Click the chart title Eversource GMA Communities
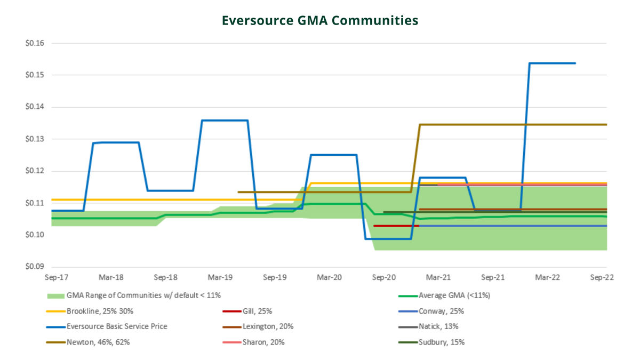(x=320, y=21)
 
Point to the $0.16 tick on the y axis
(x=35, y=43)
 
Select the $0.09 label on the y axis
(x=35, y=267)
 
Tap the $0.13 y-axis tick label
(x=35, y=139)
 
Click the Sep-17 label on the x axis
(x=56, y=278)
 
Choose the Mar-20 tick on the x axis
(x=330, y=278)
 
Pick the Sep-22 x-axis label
(x=603, y=278)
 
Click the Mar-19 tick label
(x=220, y=278)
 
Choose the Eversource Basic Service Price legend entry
(x=117, y=326)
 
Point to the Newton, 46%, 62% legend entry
(x=98, y=342)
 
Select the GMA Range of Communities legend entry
(x=143, y=295)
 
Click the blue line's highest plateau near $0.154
(x=552, y=63)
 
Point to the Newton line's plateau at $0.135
(x=512, y=125)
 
